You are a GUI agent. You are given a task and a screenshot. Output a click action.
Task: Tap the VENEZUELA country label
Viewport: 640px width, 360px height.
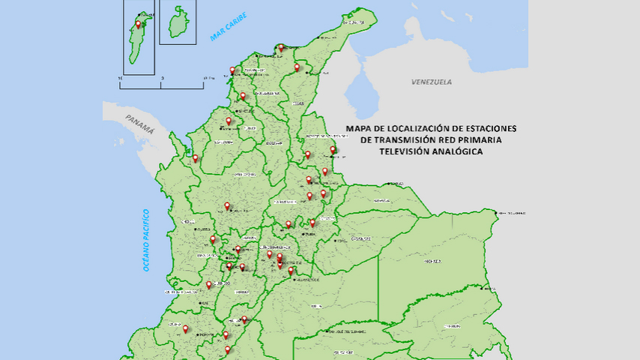(432, 81)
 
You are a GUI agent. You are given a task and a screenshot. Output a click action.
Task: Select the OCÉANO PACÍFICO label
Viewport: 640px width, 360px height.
(148, 240)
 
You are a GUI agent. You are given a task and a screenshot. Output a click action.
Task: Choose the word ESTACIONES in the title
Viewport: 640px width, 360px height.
(491, 128)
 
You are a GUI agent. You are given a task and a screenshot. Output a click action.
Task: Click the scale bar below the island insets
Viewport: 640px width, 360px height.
(161, 82)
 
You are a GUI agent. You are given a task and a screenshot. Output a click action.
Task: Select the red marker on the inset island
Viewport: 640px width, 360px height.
(138, 25)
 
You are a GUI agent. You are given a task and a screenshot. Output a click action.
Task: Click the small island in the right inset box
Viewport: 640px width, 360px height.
(178, 22)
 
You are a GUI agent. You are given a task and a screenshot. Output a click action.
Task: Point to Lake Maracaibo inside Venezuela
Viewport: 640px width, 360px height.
(364, 96)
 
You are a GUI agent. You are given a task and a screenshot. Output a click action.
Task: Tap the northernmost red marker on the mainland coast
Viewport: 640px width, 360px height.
(282, 48)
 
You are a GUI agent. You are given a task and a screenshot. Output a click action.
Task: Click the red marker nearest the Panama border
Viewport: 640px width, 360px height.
(196, 158)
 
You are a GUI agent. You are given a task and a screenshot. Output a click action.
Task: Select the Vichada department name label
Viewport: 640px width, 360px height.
(431, 262)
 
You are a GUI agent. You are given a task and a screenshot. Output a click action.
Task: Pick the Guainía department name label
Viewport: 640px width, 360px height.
(452, 326)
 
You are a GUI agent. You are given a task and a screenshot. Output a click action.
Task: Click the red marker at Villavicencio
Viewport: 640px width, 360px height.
(292, 271)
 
